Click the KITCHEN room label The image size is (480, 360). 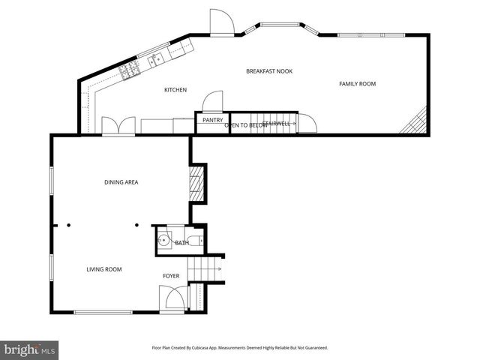[175, 90]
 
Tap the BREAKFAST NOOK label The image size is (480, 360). [268, 71]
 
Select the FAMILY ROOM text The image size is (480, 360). [357, 84]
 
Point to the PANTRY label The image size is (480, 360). [212, 119]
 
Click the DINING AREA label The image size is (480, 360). [121, 182]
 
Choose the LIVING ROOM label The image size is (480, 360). [103, 269]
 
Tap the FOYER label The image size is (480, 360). [171, 276]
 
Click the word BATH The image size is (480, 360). [181, 243]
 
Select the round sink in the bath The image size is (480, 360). [164, 241]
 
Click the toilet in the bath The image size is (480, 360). [194, 241]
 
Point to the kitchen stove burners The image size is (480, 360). [130, 70]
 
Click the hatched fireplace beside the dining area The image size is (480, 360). [196, 182]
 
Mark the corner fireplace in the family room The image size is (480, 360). [415, 122]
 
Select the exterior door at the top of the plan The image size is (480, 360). [220, 23]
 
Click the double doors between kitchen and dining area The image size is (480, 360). [118, 125]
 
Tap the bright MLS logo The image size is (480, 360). [30, 349]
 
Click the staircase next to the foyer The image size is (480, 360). [204, 268]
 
